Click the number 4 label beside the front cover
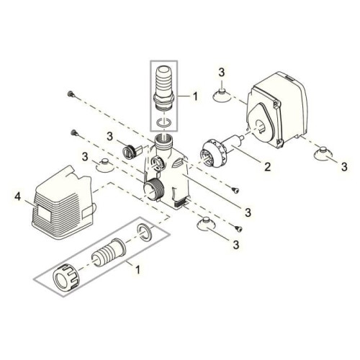pyautogui.click(x=17, y=195)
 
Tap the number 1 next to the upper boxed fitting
pyautogui.click(x=191, y=95)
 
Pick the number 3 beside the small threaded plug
pyautogui.click(x=109, y=135)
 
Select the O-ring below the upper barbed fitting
pyautogui.click(x=163, y=126)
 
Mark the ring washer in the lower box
pyautogui.click(x=143, y=233)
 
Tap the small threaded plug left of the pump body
pyautogui.click(x=131, y=150)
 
